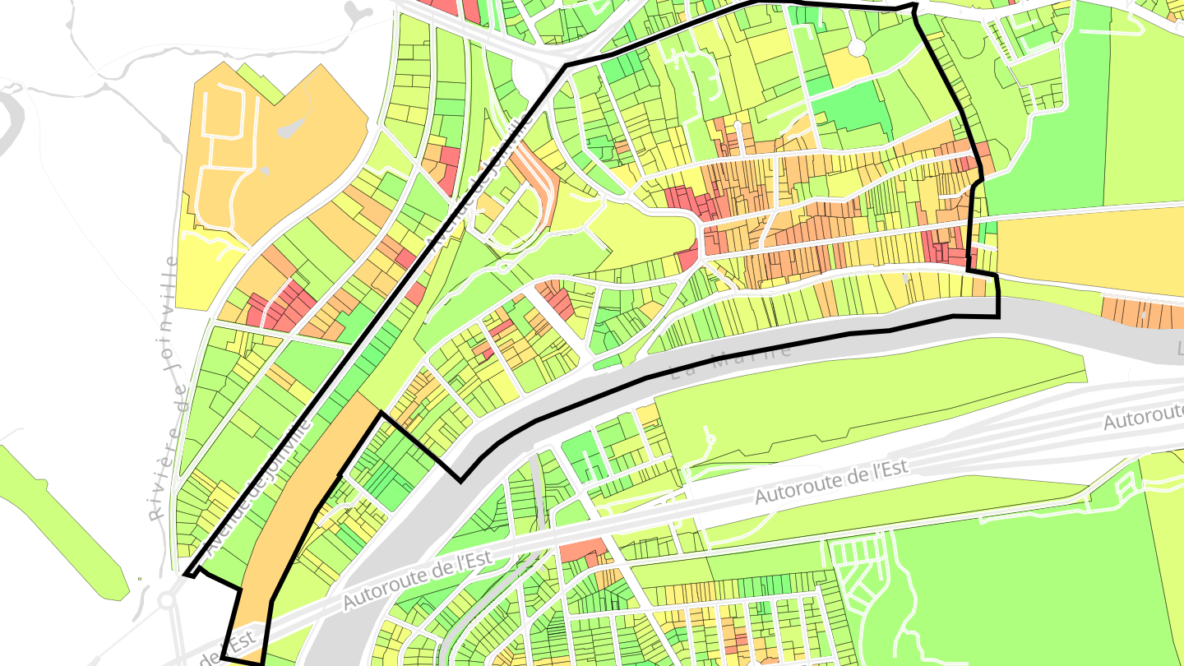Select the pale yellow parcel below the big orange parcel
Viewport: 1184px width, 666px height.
click(206, 267)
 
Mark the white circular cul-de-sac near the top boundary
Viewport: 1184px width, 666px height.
click(857, 48)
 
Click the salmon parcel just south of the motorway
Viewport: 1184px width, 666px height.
click(584, 551)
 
